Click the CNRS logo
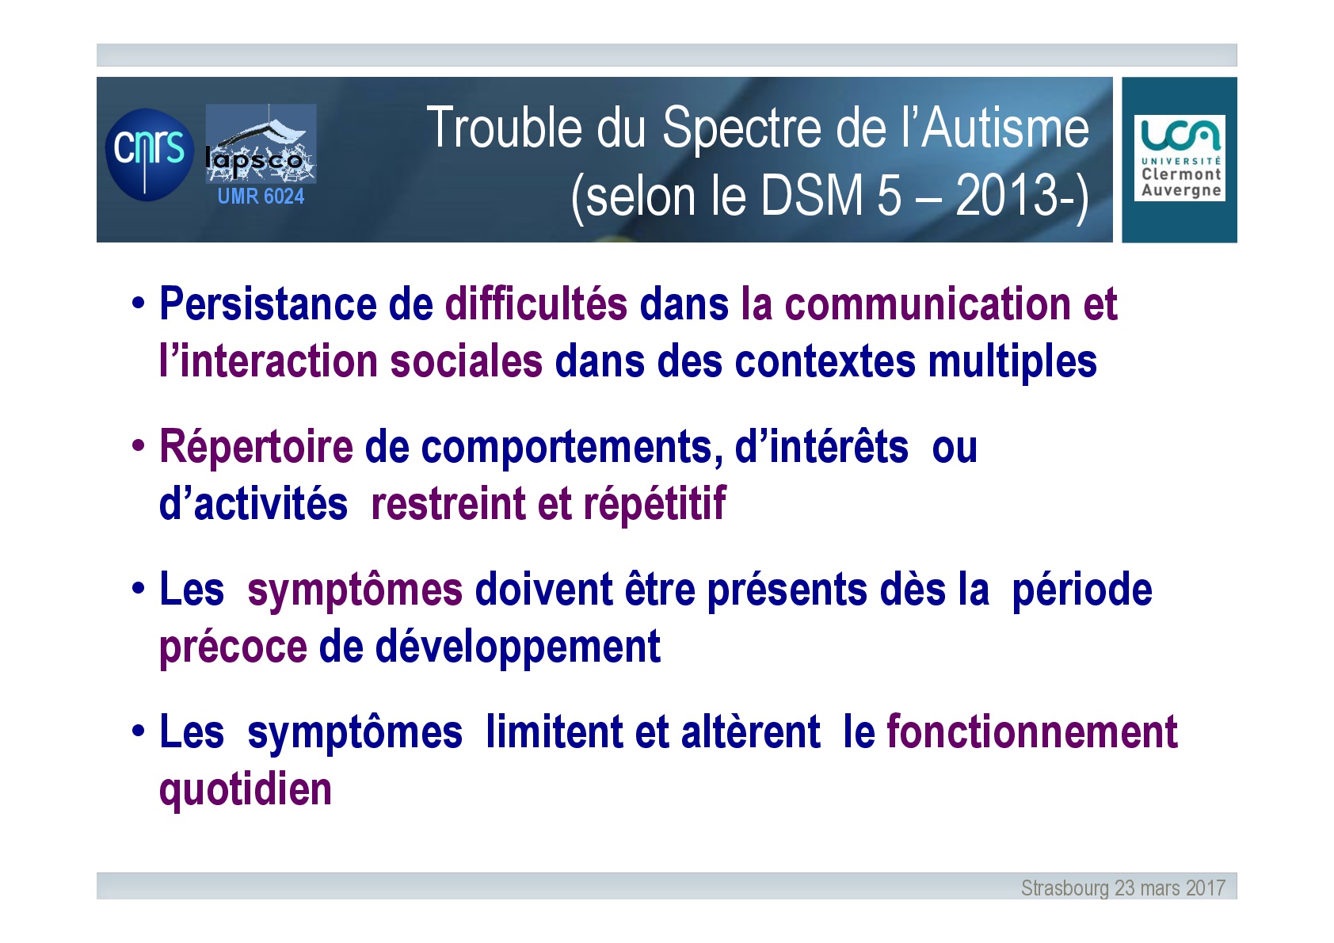[149, 155]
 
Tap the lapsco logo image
[261, 143]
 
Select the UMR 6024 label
[261, 196]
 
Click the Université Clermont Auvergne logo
[1180, 158]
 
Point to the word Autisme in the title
[1005, 128]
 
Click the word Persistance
[268, 304]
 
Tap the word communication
[928, 304]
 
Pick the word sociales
[467, 361]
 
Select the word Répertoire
[256, 447]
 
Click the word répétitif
[654, 505]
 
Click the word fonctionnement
[1032, 731]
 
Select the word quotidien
[246, 790]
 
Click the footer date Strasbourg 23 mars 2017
[1123, 888]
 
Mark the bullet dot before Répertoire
[138, 445]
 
